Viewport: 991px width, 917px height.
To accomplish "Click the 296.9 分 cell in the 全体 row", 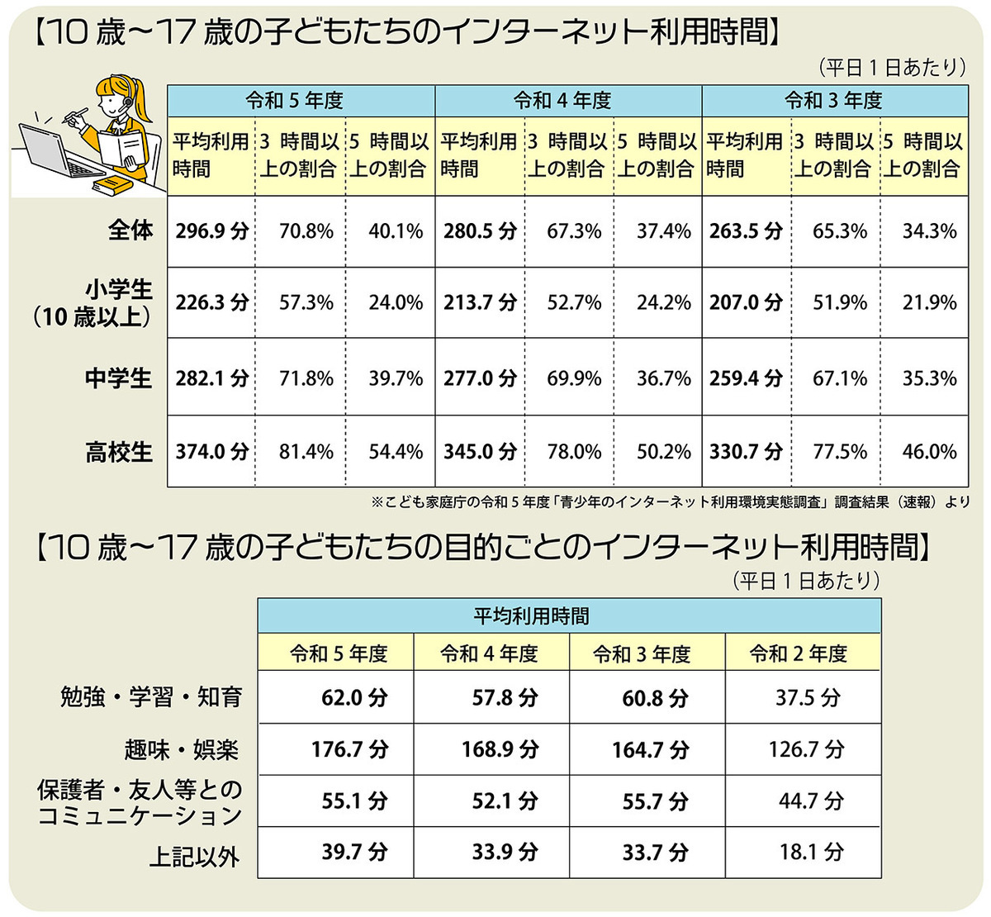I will point(211,230).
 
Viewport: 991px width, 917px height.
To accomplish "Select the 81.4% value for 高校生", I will point(306,452).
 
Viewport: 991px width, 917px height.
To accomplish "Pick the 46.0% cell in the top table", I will point(929,452).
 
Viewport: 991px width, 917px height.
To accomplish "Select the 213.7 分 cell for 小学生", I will point(479,302).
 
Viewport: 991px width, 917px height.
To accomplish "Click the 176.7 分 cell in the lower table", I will point(349,749).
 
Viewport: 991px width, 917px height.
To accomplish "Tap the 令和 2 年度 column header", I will point(798,654).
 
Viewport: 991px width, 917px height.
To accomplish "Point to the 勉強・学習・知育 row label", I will point(151,697).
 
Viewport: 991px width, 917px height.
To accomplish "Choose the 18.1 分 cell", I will point(811,852).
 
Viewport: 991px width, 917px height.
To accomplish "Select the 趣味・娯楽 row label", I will point(181,749).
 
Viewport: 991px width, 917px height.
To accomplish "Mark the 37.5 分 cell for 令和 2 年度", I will point(807,698).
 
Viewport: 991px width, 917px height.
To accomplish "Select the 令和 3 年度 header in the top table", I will point(833,101).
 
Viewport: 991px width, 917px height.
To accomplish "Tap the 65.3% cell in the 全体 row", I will point(840,230).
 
